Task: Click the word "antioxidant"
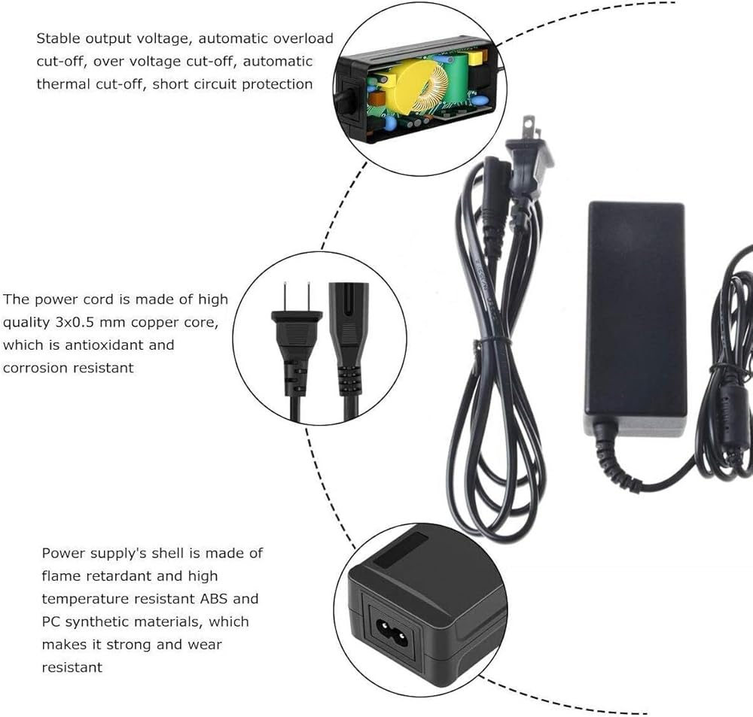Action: point(119,345)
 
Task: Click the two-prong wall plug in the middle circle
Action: point(296,345)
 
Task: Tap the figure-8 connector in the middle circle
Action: point(349,345)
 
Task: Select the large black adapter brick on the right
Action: point(636,319)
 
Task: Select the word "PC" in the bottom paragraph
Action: point(51,622)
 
